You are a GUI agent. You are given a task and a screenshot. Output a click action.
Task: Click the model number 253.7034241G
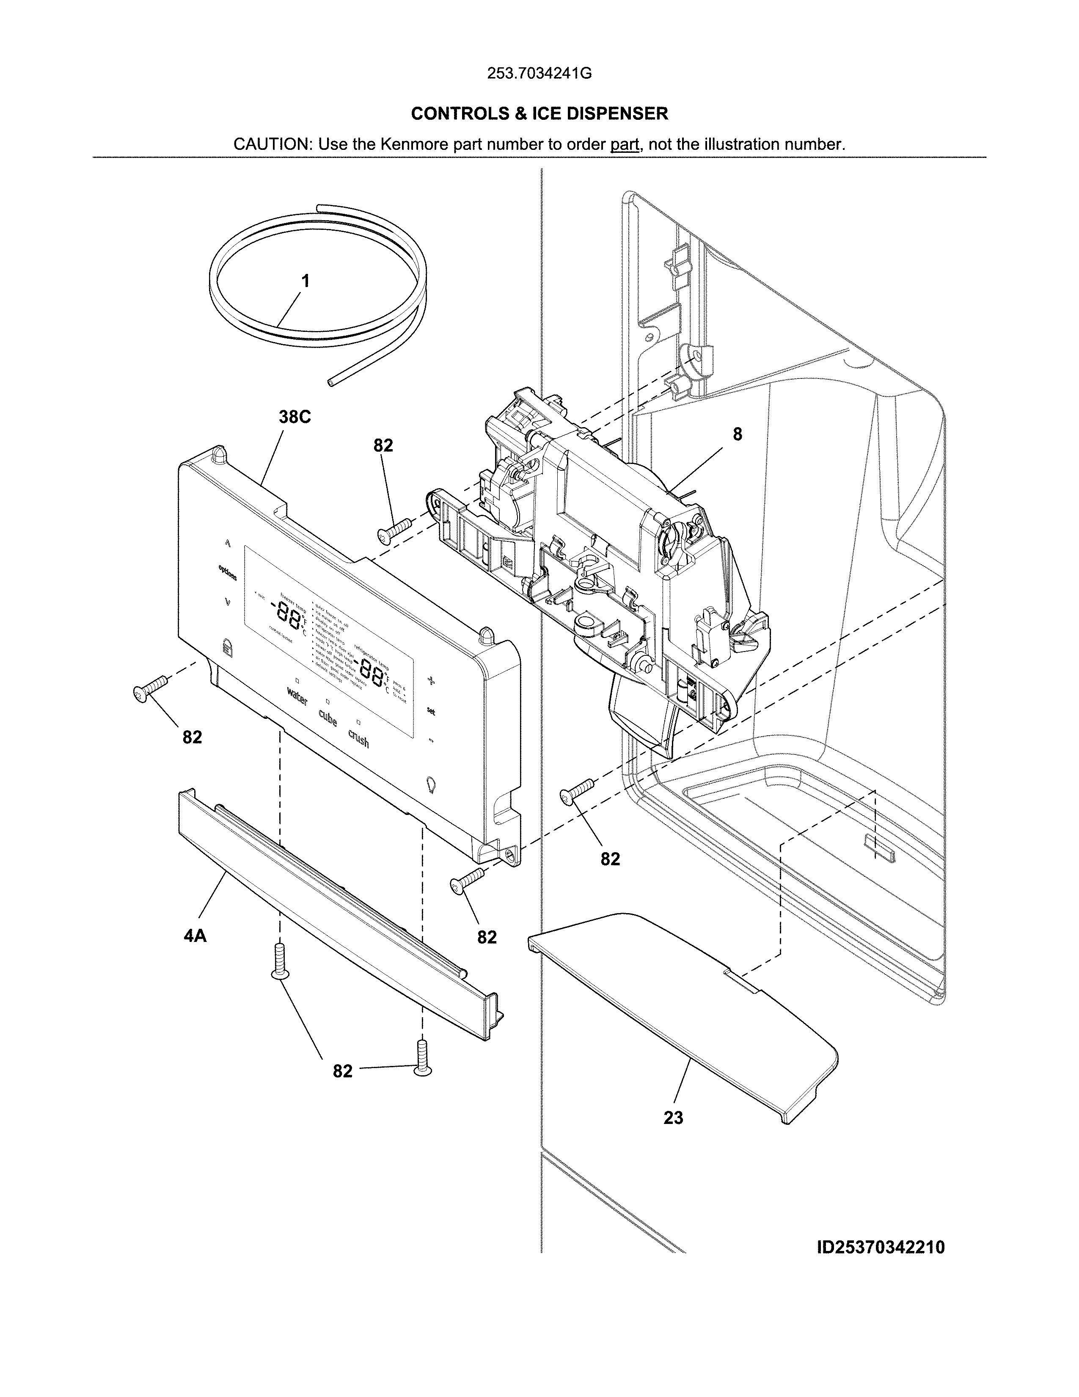539,74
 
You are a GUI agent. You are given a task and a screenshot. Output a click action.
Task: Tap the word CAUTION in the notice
271,144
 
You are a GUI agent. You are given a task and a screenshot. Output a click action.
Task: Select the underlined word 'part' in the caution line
625,144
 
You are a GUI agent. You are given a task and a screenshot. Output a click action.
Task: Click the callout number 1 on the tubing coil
306,281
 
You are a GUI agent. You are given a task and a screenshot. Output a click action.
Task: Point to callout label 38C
294,417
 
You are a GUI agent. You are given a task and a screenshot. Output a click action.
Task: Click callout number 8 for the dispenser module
737,434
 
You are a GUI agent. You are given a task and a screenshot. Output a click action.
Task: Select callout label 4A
195,936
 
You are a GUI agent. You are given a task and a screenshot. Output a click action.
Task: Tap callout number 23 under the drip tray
673,1118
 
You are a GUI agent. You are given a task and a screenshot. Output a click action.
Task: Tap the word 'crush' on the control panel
358,740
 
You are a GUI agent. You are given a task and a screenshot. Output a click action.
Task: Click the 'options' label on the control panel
227,572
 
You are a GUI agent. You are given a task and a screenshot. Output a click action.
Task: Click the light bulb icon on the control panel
432,784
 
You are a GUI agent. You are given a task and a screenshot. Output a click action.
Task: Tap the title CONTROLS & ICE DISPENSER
539,114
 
